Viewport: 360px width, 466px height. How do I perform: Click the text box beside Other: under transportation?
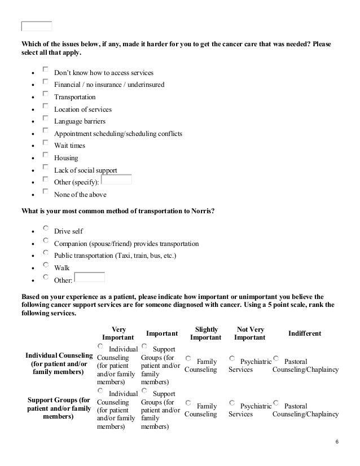tap(90, 278)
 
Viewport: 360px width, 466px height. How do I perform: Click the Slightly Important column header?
tap(205, 333)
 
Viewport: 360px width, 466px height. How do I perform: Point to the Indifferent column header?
tap(305, 333)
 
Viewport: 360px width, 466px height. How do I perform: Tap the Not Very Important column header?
tap(249, 333)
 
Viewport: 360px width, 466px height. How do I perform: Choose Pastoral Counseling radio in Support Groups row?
tap(276, 403)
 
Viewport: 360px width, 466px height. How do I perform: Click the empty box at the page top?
tap(37, 25)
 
